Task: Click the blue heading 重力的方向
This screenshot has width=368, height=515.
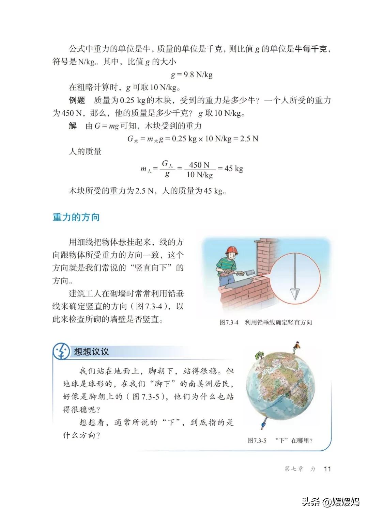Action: tap(76, 217)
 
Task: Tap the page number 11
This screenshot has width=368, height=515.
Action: tap(327, 469)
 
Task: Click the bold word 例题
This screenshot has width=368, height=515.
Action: tap(77, 100)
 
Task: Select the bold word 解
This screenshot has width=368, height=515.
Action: tap(73, 126)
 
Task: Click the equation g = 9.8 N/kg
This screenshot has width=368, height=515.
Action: tap(191, 75)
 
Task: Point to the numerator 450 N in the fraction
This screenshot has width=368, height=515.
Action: tap(199, 165)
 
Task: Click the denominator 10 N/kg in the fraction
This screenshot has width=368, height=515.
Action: tap(199, 175)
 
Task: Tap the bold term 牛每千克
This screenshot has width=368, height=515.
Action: tap(311, 49)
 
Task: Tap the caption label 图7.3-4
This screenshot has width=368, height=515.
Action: tap(229, 322)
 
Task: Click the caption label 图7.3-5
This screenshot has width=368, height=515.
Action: tap(257, 440)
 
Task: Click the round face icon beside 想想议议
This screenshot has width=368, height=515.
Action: tap(61, 351)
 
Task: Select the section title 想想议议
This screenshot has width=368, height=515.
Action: tap(91, 352)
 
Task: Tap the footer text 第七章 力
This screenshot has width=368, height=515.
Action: tap(300, 469)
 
